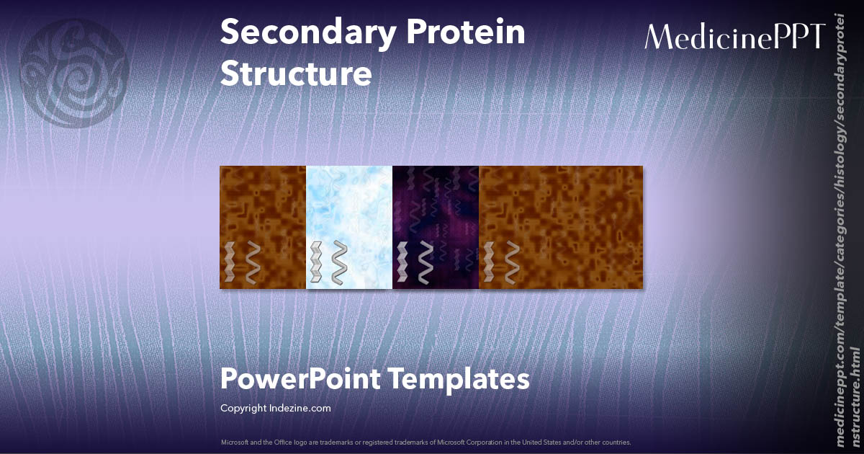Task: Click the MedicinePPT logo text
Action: point(734,37)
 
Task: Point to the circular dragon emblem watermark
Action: point(74,71)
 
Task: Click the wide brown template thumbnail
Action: point(561,227)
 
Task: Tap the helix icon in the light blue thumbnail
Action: point(339,263)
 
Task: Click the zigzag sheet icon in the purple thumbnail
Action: point(403,263)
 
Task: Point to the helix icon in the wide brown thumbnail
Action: point(512,263)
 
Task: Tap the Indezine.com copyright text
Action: point(302,409)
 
